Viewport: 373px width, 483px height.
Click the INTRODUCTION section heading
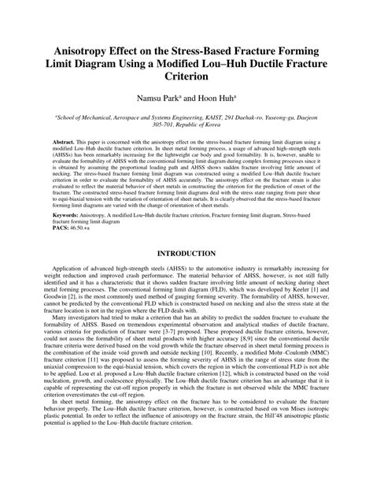(186, 255)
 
